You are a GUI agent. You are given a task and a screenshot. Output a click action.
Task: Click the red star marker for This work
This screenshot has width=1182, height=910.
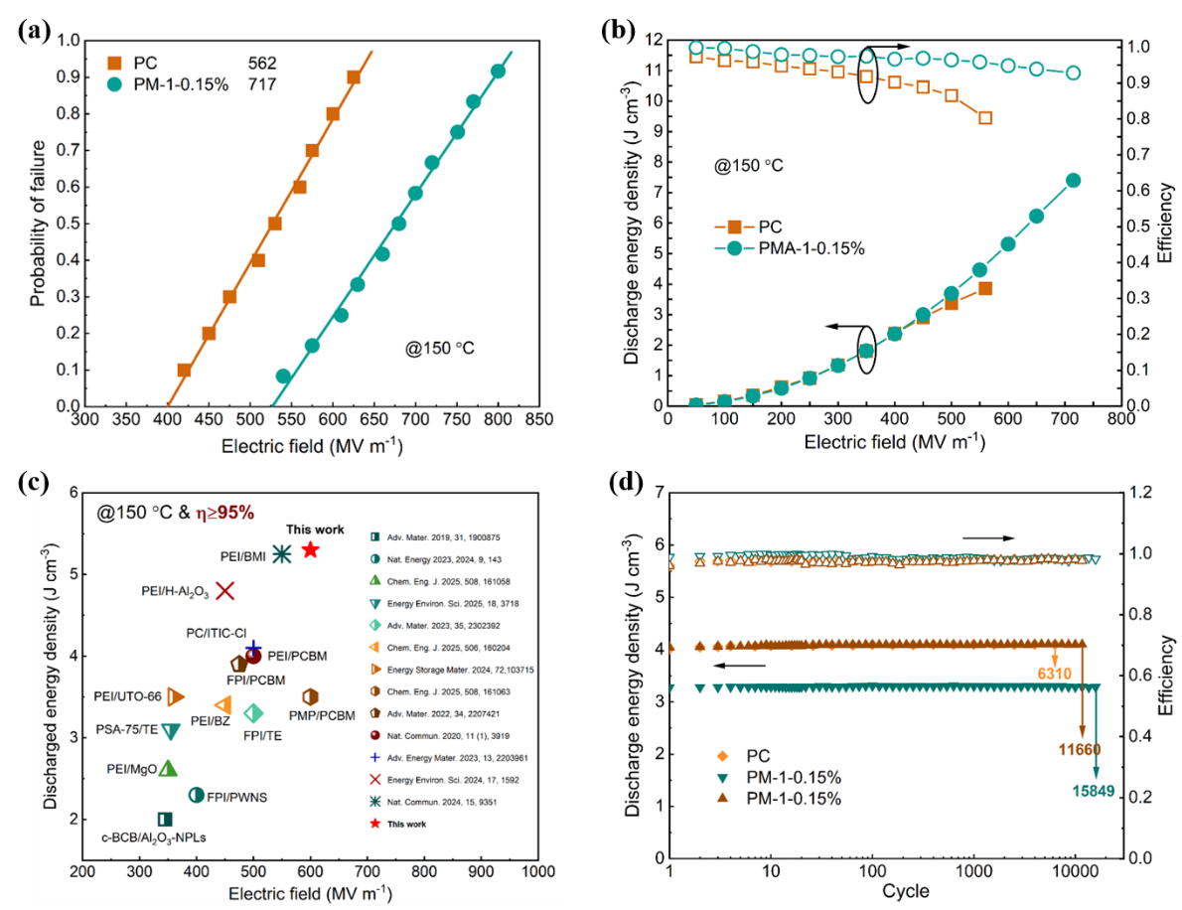click(310, 549)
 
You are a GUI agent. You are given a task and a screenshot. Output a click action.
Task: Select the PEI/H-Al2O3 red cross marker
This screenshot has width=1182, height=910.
click(224, 590)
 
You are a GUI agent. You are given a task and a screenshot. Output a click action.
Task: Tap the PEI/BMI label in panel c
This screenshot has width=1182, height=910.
click(242, 555)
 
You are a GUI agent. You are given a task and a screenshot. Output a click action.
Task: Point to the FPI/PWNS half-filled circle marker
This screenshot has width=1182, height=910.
click(197, 794)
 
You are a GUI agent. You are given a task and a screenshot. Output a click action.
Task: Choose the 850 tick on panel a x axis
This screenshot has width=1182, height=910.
click(539, 421)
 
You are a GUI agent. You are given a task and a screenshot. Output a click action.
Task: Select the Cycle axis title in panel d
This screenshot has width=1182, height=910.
click(905, 890)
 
